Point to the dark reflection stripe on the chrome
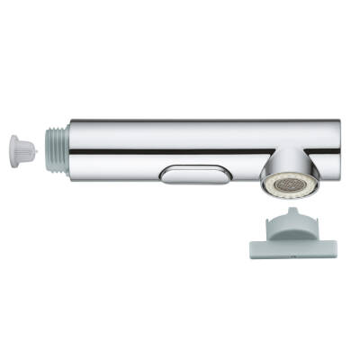(x=180, y=152)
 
